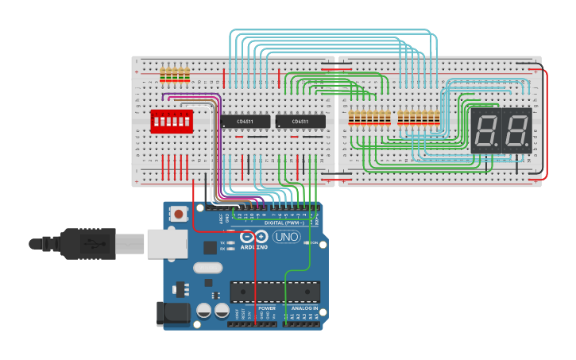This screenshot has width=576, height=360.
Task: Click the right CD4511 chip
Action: click(x=300, y=122)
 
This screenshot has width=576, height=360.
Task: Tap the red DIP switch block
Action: click(x=172, y=122)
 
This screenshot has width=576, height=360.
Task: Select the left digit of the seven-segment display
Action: click(x=485, y=130)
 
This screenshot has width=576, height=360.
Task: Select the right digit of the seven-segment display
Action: click(x=516, y=130)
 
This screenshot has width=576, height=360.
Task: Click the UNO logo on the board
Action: click(x=286, y=237)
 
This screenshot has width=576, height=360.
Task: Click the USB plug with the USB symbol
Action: click(x=87, y=243)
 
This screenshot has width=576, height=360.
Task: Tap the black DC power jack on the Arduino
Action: click(x=173, y=313)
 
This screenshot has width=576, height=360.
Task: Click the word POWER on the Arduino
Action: click(x=267, y=308)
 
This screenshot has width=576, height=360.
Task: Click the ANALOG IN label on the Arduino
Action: click(x=304, y=308)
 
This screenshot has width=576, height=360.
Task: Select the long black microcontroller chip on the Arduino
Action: click(x=275, y=292)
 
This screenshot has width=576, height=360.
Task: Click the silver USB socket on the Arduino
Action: click(x=166, y=243)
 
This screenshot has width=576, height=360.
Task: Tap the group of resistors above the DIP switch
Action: click(x=175, y=75)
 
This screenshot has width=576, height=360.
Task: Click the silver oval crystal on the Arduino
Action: click(x=207, y=269)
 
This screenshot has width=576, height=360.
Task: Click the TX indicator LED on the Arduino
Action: click(x=230, y=242)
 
